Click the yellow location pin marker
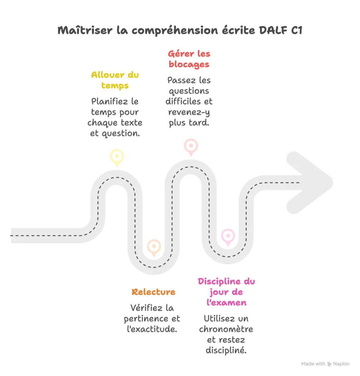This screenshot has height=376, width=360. point(117,157)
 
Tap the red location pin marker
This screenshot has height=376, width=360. point(191,147)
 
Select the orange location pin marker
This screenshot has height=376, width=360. point(154,247)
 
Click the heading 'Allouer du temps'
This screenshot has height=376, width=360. point(115,80)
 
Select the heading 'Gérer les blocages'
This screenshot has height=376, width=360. point(189,59)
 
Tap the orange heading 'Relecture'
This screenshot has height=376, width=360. point(153,292)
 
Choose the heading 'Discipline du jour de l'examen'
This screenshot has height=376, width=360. point(226,292)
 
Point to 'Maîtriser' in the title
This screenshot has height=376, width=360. point(85,30)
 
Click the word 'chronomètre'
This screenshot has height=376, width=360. point(226,329)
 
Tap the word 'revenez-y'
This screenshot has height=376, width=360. point(189,112)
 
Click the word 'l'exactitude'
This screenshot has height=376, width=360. point(152,329)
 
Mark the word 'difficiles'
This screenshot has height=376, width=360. point(183,101)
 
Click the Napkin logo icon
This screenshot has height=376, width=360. point(329,364)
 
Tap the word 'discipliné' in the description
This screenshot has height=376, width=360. point(226,350)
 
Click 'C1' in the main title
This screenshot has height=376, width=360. point(297,30)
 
